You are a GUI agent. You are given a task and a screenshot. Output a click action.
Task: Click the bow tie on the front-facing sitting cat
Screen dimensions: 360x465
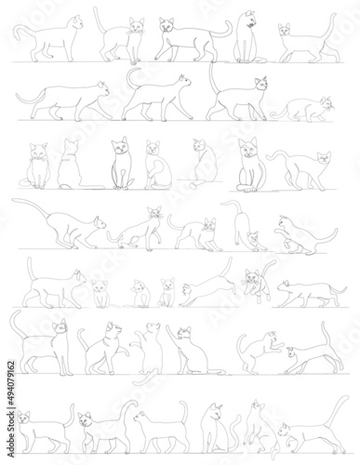tap(38, 160)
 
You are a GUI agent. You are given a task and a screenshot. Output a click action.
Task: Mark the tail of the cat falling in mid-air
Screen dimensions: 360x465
tap(269, 267)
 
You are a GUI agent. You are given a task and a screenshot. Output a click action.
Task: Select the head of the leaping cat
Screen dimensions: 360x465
tap(187, 289)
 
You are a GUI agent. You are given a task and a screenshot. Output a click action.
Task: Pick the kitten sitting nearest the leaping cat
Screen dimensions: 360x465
tap(167, 293)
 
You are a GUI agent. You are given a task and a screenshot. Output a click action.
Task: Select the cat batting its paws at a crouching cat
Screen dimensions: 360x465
tap(261, 352)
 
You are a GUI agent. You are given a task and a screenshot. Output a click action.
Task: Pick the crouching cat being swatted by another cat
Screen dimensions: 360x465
tap(313, 353)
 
